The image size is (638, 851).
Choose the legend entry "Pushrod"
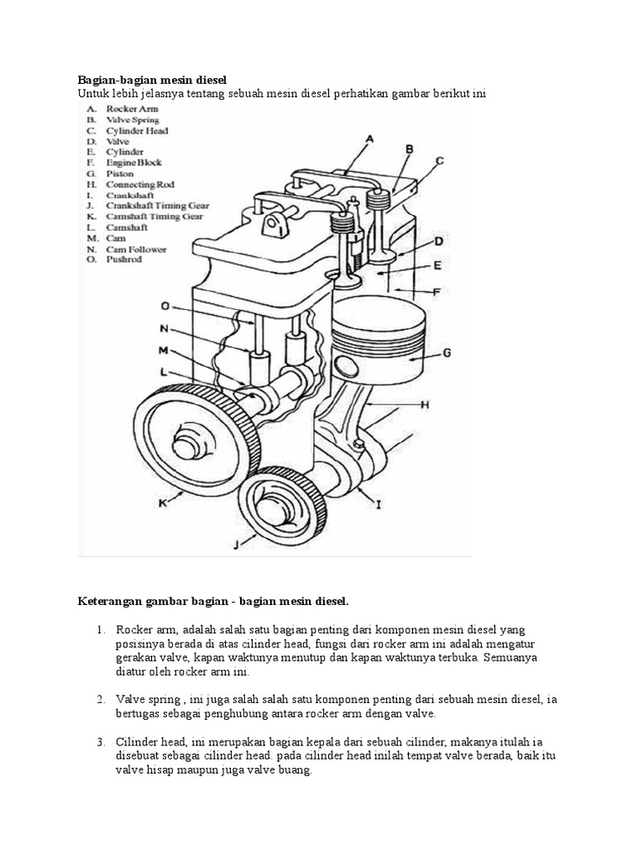(124, 259)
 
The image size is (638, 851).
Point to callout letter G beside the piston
(447, 353)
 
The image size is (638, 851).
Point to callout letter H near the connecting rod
(425, 405)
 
